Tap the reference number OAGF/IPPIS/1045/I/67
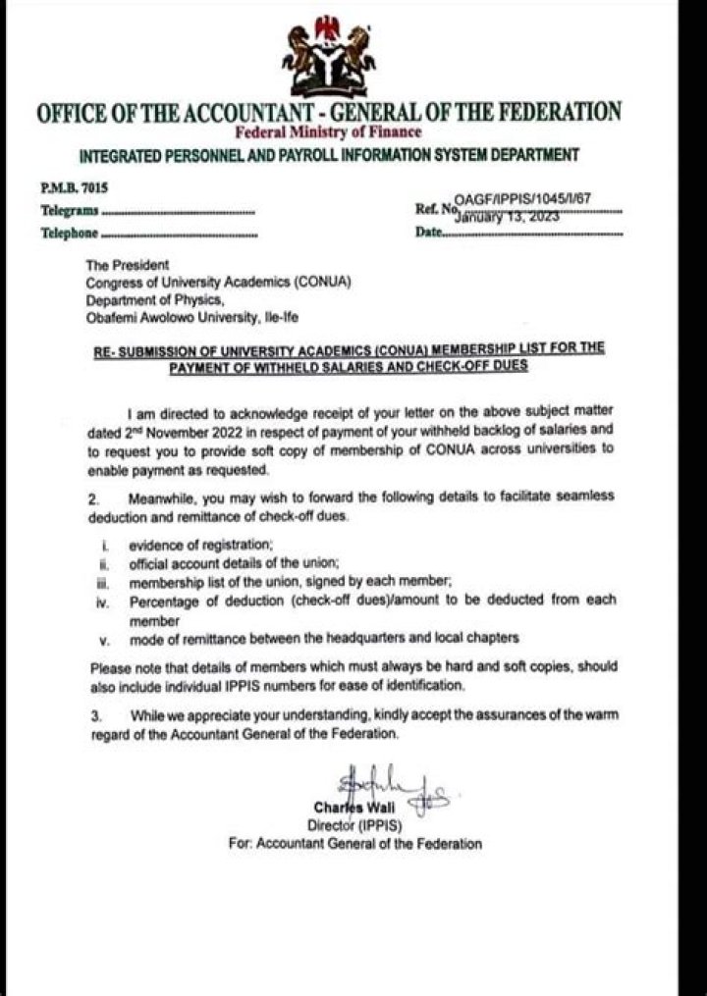pos(522,198)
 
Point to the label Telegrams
pos(70,210)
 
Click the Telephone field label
pos(70,233)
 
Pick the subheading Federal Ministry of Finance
pos(328,131)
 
